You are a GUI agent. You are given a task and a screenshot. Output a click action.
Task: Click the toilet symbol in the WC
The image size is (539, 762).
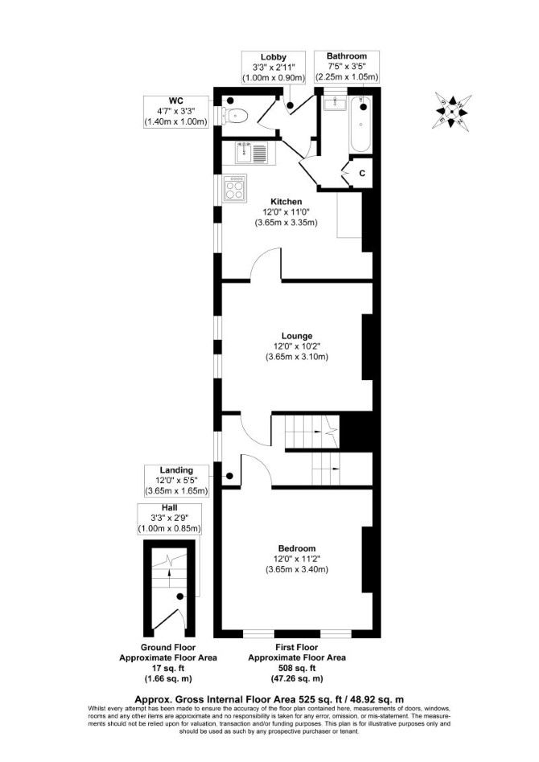236,116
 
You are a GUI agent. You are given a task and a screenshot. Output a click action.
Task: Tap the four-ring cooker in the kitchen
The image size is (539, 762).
235,187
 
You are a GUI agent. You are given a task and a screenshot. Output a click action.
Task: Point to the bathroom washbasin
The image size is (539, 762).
335,102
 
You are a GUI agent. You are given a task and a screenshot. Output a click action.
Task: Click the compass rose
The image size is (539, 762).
452,111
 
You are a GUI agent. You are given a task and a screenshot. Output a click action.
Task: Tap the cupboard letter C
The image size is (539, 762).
362,173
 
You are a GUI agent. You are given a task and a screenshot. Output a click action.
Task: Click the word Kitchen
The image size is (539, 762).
286,201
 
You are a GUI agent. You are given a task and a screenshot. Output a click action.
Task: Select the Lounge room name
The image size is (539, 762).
297,336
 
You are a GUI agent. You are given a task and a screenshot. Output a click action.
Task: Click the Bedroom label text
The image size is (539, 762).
297,548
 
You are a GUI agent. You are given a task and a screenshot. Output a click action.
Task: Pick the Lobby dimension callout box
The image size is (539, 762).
274,67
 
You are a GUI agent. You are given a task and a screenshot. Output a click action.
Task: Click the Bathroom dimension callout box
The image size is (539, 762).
347,66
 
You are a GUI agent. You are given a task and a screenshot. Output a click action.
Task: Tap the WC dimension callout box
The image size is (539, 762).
176,111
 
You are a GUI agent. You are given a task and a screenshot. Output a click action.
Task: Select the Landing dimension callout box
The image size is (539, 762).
177,480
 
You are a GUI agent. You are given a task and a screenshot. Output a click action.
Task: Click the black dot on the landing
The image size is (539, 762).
229,476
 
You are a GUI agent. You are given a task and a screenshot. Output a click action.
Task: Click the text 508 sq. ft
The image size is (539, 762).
297,668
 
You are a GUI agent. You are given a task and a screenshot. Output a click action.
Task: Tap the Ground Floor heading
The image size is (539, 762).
168,647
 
